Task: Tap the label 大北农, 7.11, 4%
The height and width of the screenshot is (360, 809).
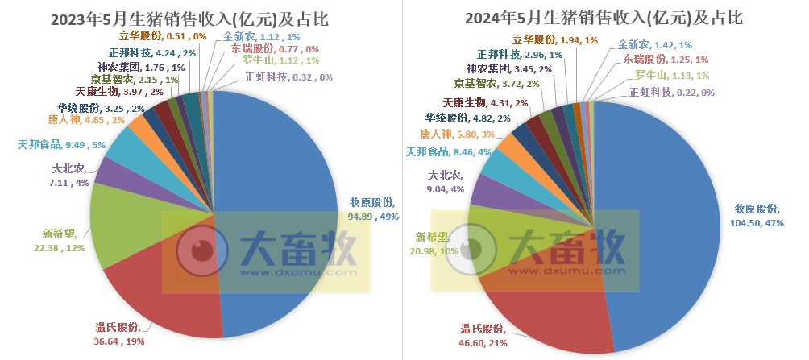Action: coord(64,176)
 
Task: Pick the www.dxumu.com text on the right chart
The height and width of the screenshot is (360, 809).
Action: coord(573,272)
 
